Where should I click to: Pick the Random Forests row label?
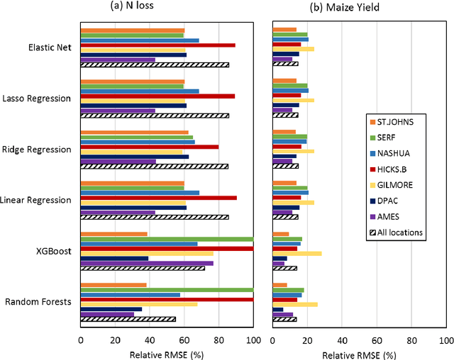pos(38,303)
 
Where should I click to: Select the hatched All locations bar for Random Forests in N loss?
pos(128,319)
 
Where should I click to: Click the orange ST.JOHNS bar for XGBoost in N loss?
pos(113,234)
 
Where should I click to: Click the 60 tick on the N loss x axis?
pos(184,339)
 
